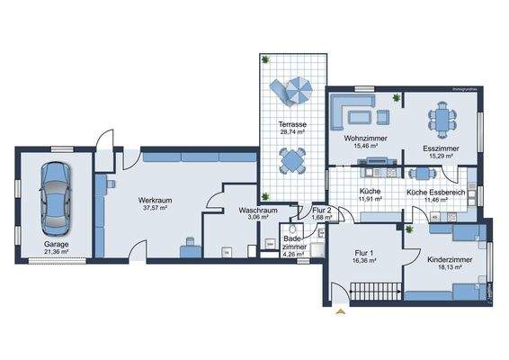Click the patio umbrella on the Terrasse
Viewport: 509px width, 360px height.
pyautogui.click(x=294, y=90)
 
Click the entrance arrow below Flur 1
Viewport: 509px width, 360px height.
pyautogui.click(x=339, y=312)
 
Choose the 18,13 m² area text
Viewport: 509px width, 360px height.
pyautogui.click(x=442, y=266)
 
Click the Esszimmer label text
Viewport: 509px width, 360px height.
pyautogui.click(x=442, y=148)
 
